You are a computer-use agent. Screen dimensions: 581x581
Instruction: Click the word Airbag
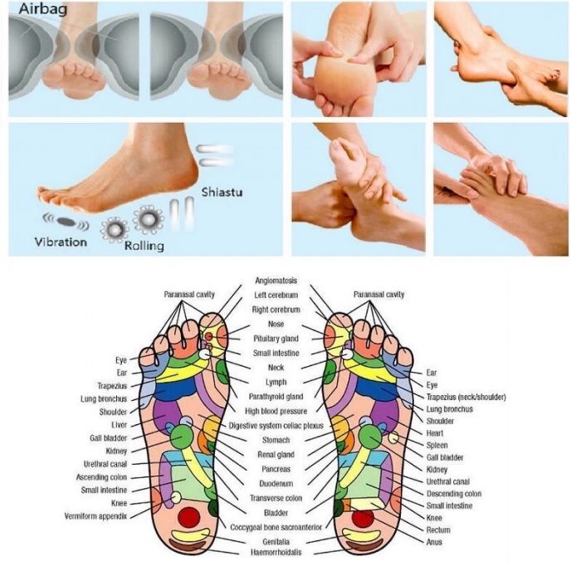43,9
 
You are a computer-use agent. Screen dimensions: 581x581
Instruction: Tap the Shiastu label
222,192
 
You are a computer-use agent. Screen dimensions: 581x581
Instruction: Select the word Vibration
61,242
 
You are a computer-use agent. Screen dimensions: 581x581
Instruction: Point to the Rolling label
144,246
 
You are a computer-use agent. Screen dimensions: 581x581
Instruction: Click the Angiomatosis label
276,281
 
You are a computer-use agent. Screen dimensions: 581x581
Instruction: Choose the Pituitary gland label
276,339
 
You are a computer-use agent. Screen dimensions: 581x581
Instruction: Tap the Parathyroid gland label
276,397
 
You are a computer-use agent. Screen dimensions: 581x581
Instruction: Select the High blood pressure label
276,411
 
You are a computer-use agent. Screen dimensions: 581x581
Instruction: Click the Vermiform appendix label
95,516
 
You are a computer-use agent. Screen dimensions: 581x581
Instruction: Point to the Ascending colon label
101,477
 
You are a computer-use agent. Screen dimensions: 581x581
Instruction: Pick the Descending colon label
454,494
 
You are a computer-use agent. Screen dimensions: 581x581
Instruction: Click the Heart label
435,433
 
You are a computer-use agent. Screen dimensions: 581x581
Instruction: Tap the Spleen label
437,446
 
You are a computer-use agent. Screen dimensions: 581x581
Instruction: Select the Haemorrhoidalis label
276,552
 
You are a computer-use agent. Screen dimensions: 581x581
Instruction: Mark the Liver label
119,425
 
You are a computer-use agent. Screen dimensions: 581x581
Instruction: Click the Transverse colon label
276,498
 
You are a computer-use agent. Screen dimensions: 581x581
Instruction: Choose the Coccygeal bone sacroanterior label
276,527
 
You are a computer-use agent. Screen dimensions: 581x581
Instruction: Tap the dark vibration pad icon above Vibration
66,222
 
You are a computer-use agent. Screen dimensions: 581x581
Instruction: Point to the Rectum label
438,530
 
